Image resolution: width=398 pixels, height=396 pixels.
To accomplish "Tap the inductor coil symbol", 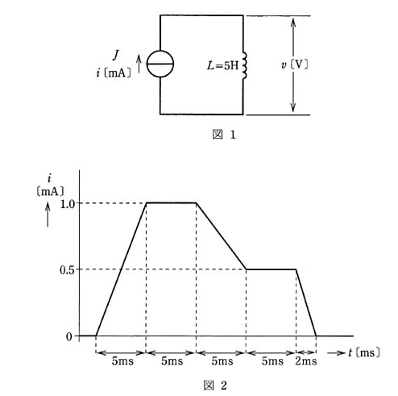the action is click(x=244, y=66).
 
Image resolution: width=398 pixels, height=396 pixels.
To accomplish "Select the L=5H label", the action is click(x=222, y=65).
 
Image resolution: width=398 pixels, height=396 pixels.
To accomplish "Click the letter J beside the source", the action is click(x=116, y=55).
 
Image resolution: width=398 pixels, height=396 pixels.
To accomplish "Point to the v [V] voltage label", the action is click(x=294, y=65).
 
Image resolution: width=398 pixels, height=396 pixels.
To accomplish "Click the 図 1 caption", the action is click(x=224, y=135).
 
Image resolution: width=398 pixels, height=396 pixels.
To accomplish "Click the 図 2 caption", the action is click(x=215, y=386).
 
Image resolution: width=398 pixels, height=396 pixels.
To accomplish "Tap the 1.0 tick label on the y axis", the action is click(x=68, y=204).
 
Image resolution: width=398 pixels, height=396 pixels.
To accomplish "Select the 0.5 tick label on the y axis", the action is click(x=67, y=270).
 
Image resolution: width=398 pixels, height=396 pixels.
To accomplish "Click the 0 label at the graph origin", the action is click(x=69, y=336).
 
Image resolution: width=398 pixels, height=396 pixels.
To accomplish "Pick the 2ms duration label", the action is click(x=306, y=361).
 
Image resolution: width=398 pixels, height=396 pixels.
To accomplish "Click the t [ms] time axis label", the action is click(x=364, y=352).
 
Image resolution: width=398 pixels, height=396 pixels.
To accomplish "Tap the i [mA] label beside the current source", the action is click(x=114, y=73).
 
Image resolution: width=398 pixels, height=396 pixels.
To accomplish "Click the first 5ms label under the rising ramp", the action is click(x=122, y=361).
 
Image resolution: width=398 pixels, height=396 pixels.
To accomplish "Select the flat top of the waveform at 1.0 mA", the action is click(x=171, y=202).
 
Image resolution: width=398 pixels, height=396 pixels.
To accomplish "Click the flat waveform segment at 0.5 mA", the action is click(x=272, y=269).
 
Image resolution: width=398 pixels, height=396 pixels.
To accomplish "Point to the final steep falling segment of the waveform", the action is click(x=306, y=302).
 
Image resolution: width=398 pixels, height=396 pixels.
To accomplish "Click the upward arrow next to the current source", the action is click(x=139, y=64).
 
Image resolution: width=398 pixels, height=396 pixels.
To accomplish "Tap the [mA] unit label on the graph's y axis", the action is click(x=50, y=192).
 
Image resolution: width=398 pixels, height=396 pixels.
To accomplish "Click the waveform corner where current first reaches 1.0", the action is click(x=146, y=202).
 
